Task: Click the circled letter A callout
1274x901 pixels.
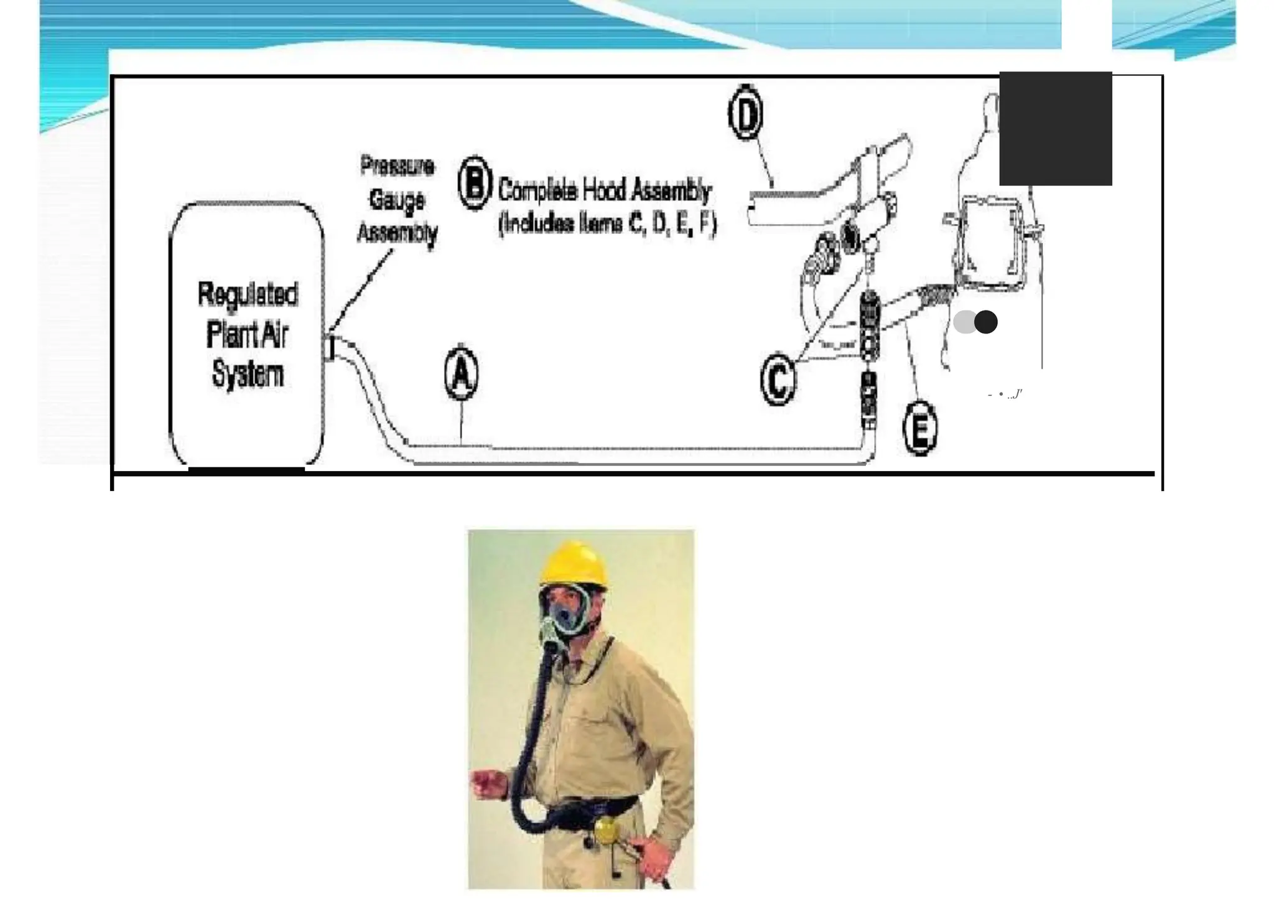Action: pyautogui.click(x=462, y=373)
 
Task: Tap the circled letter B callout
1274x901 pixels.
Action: pyautogui.click(x=475, y=183)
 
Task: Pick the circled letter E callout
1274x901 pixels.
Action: pyautogui.click(x=919, y=429)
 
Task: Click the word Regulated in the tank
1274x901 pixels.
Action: pyautogui.click(x=248, y=294)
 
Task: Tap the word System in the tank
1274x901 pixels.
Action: pyautogui.click(x=248, y=375)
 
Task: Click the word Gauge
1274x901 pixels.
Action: pyautogui.click(x=397, y=200)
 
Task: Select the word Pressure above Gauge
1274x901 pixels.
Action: pyautogui.click(x=397, y=166)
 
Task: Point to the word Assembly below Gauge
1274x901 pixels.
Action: pyautogui.click(x=397, y=233)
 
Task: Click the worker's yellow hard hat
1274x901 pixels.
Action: pyautogui.click(x=574, y=564)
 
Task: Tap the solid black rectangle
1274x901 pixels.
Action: pyautogui.click(x=1055, y=128)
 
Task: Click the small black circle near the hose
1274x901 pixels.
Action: pyautogui.click(x=986, y=322)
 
